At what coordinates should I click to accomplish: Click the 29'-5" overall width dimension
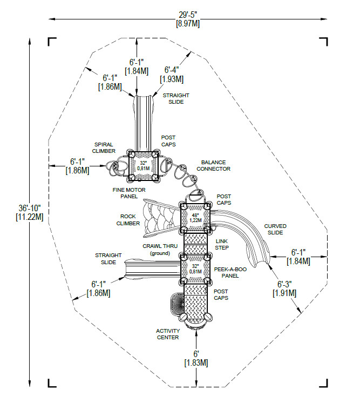click(x=188, y=19)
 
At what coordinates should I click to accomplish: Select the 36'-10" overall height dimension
click(x=30, y=212)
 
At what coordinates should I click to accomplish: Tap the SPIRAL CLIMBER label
click(x=104, y=148)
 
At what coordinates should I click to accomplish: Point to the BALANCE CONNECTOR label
click(x=213, y=165)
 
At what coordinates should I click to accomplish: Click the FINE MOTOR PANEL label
click(x=129, y=193)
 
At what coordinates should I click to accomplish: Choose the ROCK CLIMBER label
click(x=128, y=220)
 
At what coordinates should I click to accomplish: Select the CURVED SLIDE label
click(x=275, y=229)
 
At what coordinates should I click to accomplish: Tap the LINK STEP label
click(x=222, y=244)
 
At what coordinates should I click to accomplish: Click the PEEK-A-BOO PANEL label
click(x=230, y=272)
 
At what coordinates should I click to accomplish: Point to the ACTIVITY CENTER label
click(x=168, y=334)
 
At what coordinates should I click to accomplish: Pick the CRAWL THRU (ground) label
click(x=160, y=250)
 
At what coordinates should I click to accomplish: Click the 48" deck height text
click(x=195, y=215)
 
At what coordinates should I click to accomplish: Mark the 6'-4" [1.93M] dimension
click(x=172, y=74)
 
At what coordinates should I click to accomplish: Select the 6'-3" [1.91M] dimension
click(x=284, y=288)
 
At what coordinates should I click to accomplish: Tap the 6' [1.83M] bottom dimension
click(x=196, y=358)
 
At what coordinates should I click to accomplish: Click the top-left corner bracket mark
click(x=52, y=42)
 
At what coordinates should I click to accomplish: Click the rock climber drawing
click(x=160, y=217)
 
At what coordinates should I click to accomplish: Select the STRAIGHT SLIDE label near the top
click(x=176, y=98)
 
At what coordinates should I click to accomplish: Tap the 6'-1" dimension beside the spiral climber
click(x=77, y=166)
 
